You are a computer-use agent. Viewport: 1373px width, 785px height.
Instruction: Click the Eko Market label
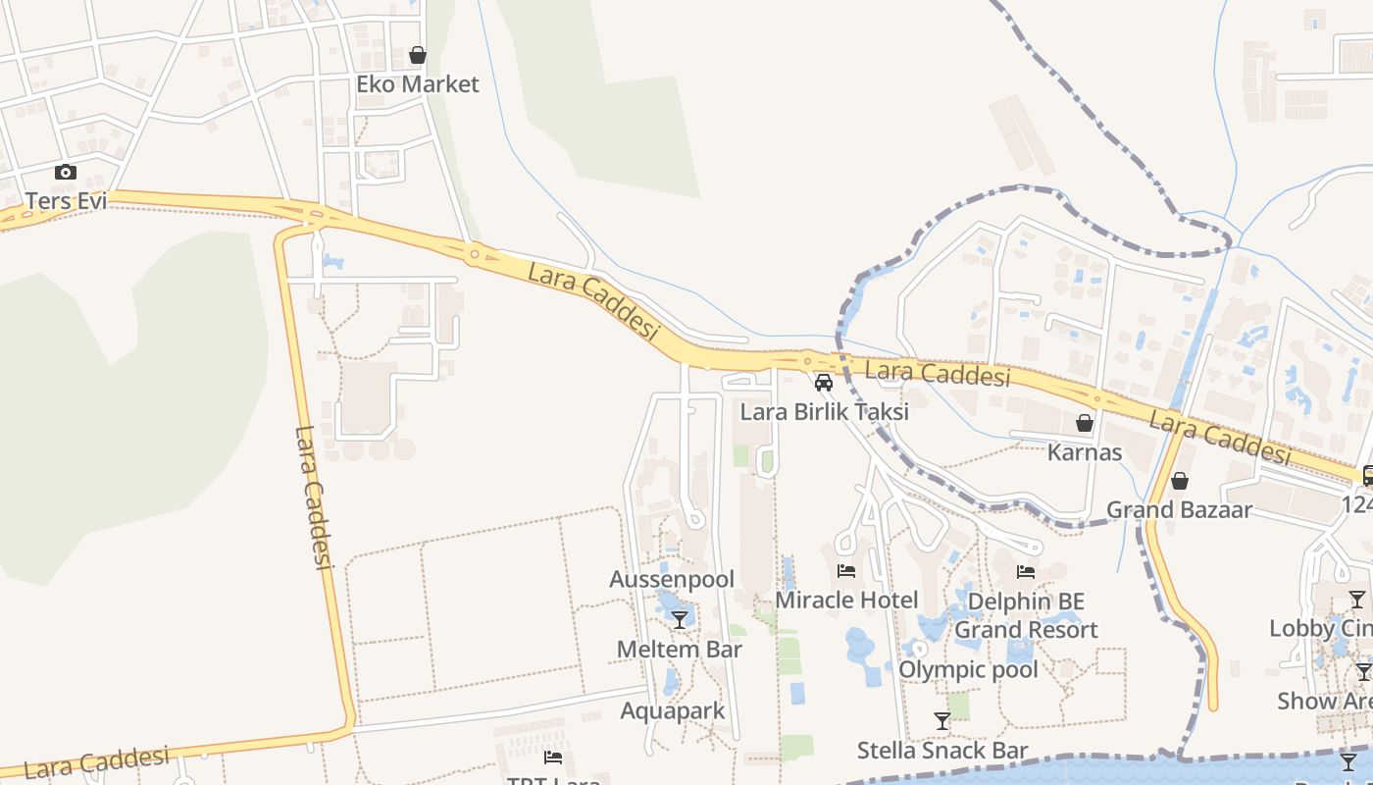point(418,84)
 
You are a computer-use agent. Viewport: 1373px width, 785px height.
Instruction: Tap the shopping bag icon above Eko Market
point(418,55)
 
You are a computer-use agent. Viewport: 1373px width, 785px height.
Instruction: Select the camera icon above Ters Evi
point(66,173)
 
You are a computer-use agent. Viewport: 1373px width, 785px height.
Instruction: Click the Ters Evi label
point(66,201)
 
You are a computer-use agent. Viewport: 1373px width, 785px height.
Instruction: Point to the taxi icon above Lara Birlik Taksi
point(824,383)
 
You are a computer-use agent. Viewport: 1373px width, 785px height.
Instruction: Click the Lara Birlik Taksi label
point(824,411)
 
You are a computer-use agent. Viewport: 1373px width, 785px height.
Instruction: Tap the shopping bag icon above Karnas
point(1085,423)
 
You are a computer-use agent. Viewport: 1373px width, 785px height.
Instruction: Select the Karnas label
point(1085,452)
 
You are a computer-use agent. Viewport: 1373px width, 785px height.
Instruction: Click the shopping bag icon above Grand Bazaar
point(1180,481)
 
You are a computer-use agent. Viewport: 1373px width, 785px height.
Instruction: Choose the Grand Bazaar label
point(1180,510)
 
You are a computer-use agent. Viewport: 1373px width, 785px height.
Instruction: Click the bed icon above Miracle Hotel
point(846,571)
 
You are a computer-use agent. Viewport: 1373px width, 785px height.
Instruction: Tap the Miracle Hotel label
point(846,600)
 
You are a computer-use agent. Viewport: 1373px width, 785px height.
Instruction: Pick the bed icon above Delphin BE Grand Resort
point(1026,571)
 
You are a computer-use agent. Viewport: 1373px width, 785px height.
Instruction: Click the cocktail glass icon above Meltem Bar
point(679,619)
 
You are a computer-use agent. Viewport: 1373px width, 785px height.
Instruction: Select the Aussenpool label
point(672,579)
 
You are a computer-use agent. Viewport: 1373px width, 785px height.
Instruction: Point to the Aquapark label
point(673,710)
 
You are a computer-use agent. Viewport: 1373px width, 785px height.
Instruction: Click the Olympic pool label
point(968,670)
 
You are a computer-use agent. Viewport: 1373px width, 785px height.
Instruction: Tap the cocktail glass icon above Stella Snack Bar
point(942,721)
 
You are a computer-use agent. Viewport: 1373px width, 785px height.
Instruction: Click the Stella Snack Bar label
point(942,751)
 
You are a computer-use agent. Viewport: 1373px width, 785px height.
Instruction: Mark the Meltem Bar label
point(679,649)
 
